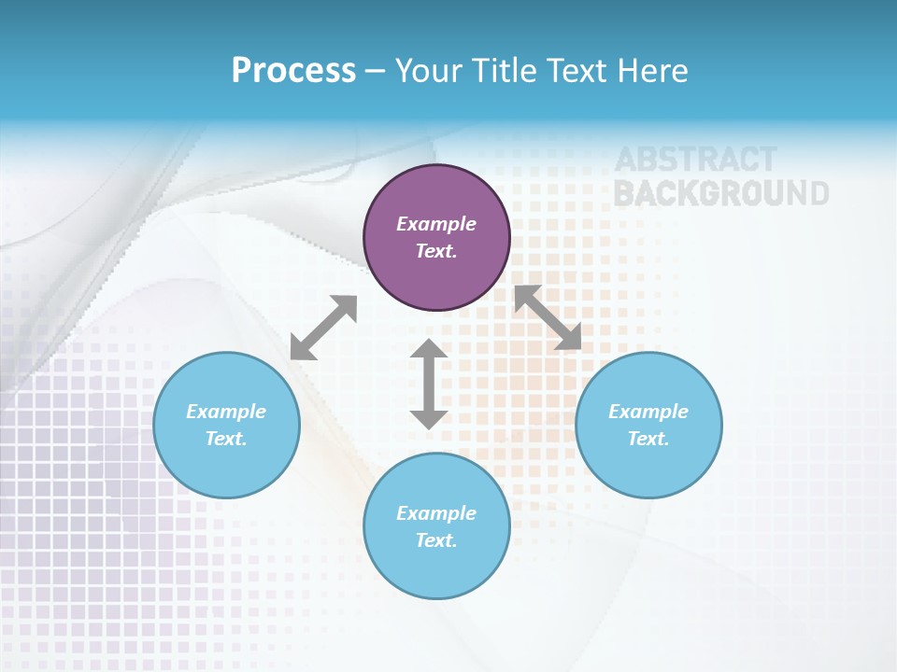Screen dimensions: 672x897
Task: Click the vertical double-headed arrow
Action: tap(429, 385)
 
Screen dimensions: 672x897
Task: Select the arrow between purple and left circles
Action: tap(323, 328)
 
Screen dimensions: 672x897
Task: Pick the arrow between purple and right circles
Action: tap(548, 317)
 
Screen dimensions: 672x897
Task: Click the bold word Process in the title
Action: tap(293, 70)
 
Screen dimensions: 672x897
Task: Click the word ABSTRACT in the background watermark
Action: tap(695, 161)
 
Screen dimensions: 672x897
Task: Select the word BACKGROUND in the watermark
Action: tap(720, 193)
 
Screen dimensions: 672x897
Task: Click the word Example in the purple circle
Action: tap(436, 224)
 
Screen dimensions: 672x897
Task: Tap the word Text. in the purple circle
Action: tap(436, 251)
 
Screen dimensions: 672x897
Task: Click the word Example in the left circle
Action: tap(226, 412)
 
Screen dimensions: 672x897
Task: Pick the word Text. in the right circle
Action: tap(648, 439)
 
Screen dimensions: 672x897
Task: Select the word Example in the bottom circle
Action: tap(436, 513)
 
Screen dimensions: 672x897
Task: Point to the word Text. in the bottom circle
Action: tap(436, 540)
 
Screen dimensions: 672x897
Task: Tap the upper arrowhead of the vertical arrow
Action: tap(429, 351)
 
